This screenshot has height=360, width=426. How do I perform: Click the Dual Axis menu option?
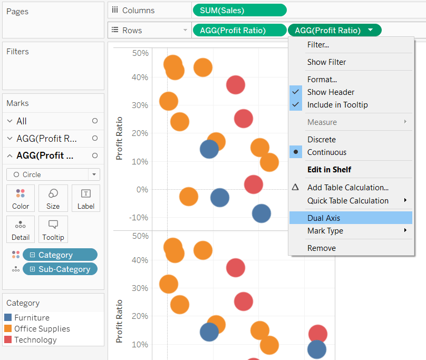pos(324,218)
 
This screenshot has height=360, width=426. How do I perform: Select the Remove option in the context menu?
pos(321,248)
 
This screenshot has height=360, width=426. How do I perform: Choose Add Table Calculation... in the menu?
pos(347,187)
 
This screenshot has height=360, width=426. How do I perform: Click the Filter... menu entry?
pos(318,45)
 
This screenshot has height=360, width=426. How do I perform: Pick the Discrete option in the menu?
pos(321,140)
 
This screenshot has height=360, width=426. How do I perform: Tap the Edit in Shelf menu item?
pos(329,170)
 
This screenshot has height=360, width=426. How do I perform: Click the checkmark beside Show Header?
pos(295,92)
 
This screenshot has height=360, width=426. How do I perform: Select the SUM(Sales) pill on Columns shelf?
pos(239,10)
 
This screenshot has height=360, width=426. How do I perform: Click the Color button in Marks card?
pos(21,198)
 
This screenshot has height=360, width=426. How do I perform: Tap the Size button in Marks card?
pos(53,198)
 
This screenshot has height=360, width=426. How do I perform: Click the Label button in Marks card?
pos(86,198)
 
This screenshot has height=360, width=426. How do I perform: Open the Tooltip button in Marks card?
pos(53,229)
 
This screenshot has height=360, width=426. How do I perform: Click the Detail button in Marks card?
pos(21,229)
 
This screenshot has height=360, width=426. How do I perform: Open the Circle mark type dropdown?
pos(53,174)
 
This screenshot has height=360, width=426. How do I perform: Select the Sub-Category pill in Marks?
pos(60,269)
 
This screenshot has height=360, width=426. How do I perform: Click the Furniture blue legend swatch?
pos(8,318)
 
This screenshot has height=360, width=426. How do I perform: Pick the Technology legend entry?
pos(35,340)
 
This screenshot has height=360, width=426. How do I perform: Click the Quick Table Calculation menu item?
pos(347,201)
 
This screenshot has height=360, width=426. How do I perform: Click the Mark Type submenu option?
pos(325,231)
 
